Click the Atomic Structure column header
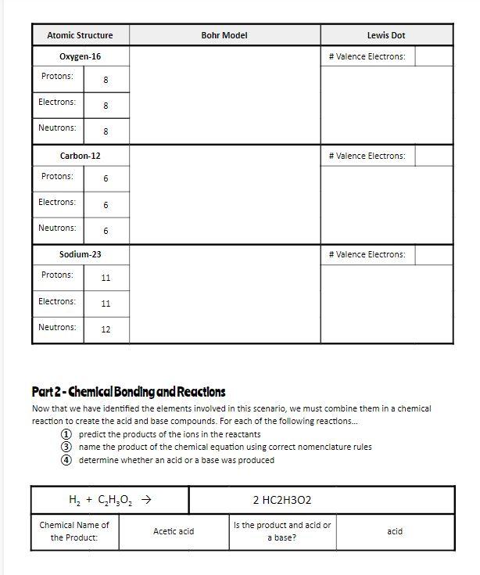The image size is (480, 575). pos(80,35)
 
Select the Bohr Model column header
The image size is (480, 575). pos(224,35)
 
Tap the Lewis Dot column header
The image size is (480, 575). pos(386,35)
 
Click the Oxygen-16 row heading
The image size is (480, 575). pos(81,56)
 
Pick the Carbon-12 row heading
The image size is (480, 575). pos(81,156)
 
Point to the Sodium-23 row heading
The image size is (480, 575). pos(81,254)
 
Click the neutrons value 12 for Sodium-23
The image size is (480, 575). pos(106,329)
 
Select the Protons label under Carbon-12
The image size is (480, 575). pos(57,176)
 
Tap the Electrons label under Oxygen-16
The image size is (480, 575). pos(57,102)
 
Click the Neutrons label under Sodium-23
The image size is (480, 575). pos(57,327)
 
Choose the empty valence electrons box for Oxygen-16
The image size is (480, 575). pos(434,56)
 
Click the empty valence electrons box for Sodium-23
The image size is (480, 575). pos(434,254)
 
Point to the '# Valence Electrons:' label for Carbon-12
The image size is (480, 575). pos(367,156)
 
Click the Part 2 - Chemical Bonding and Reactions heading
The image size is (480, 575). pos(128,391)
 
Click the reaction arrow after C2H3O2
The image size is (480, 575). pos(145,500)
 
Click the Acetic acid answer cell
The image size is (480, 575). pos(174,531)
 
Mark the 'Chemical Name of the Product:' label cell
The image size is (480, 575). pos(74,530)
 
